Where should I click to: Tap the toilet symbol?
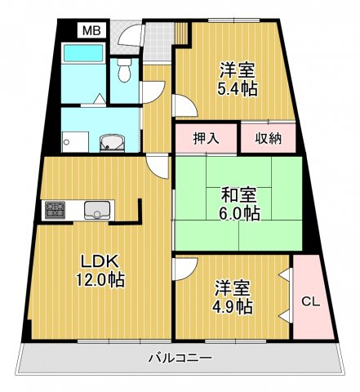124,72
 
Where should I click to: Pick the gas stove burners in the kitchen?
56,212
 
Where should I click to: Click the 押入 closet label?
206,138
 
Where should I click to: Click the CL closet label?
310,301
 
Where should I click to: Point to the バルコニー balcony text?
180,359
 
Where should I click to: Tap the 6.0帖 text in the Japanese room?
240,215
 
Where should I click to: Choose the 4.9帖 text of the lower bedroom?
233,307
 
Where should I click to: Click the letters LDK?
99,261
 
